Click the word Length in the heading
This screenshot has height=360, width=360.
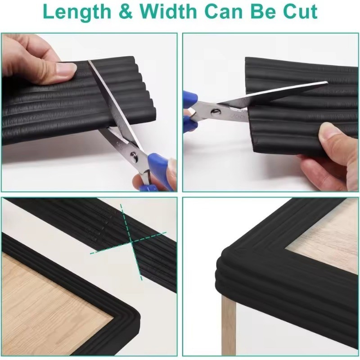click(77, 12)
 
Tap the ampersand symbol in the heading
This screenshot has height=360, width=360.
click(126, 12)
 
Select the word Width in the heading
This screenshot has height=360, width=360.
click(168, 12)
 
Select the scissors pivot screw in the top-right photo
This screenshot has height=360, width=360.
click(216, 112)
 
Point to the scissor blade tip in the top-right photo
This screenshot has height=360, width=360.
click(327, 82)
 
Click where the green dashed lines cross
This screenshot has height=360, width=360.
click(131, 242)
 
